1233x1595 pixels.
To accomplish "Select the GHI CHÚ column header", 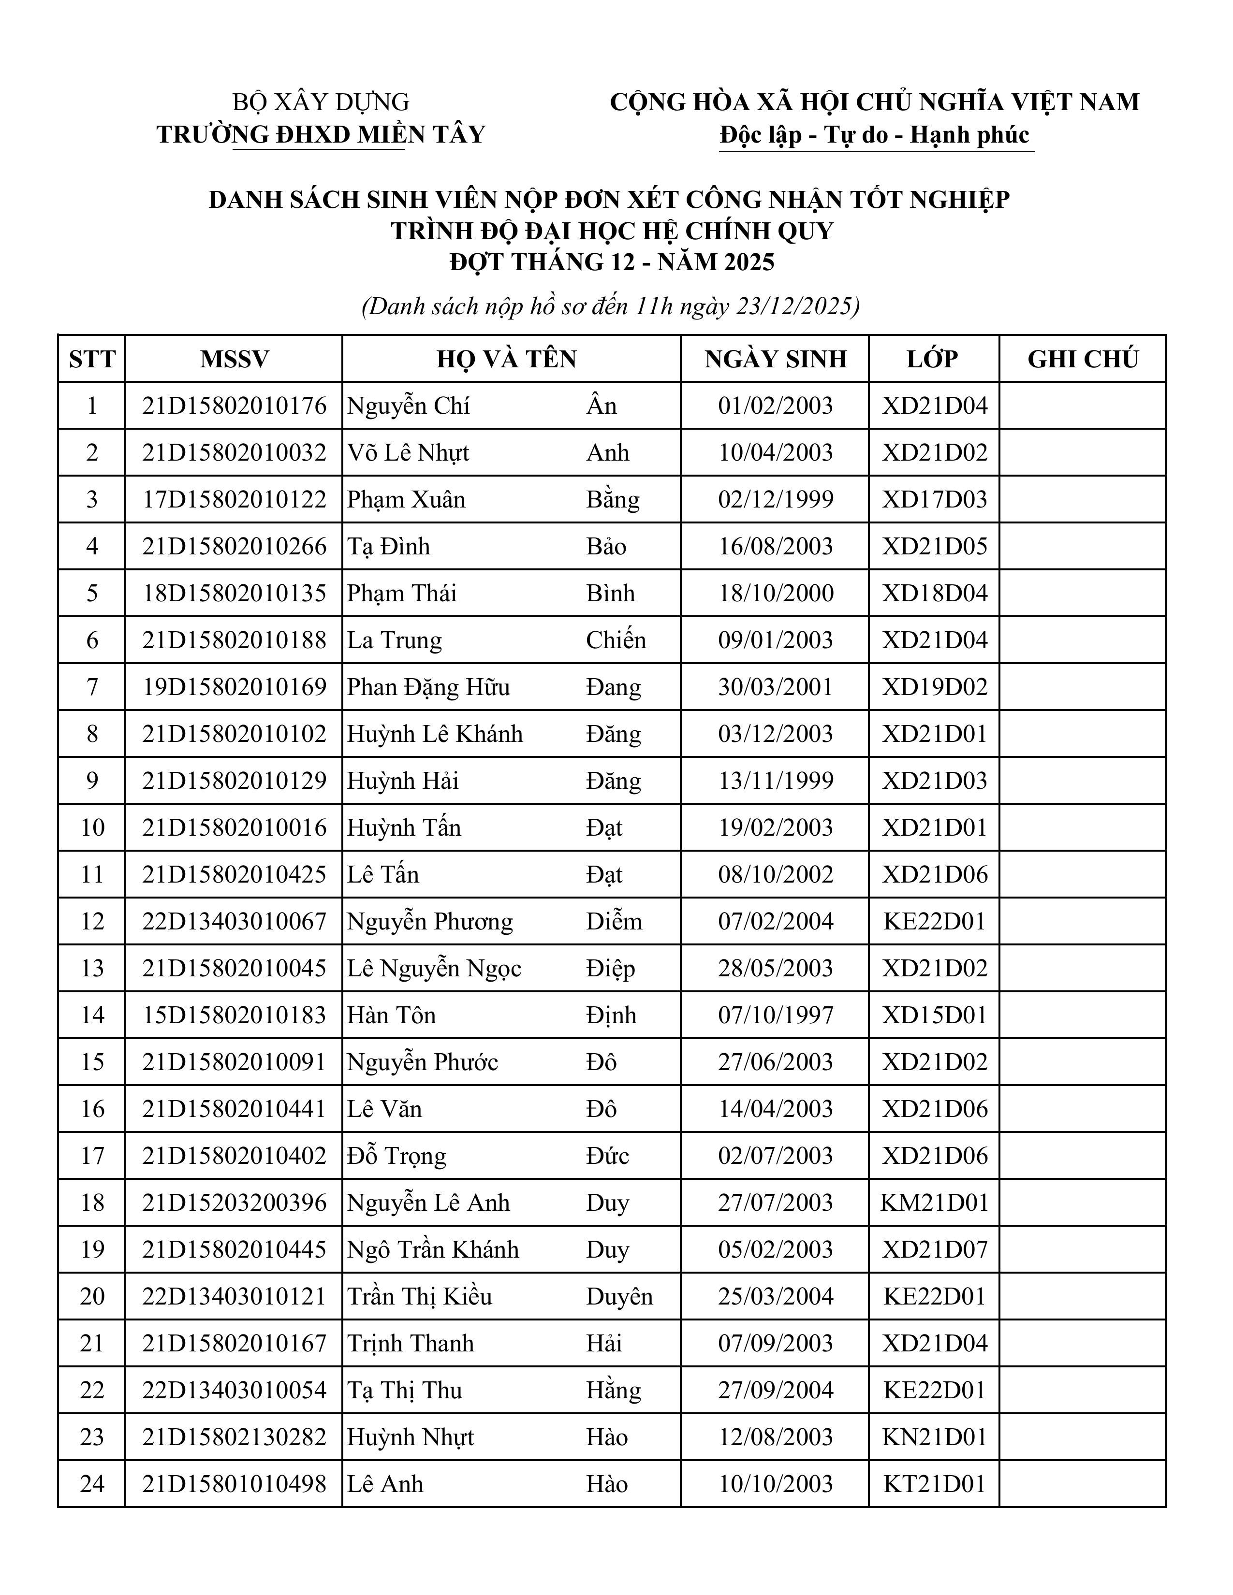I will (1083, 359).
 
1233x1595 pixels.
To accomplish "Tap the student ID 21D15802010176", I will (234, 406).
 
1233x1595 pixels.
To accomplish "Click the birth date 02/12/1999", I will (775, 500).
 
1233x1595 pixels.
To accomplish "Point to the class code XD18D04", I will (934, 593).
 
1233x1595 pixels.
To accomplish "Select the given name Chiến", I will (616, 640).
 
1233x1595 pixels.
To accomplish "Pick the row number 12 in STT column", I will (92, 922).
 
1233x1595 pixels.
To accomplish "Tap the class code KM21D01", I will (934, 1203).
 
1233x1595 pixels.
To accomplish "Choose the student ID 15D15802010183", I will (234, 1015).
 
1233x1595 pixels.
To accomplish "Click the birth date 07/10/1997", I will (775, 1015).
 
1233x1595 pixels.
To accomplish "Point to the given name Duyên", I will (619, 1296).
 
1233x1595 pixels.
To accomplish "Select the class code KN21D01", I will (934, 1437).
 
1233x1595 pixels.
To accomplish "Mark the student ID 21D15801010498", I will (234, 1484).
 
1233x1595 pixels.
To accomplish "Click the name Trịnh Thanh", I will (411, 1343).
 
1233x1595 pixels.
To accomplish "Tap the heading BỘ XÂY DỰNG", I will (321, 101).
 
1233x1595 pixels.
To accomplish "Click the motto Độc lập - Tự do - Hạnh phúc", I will (874, 135).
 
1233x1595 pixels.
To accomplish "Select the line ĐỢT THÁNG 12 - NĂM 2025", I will (611, 262).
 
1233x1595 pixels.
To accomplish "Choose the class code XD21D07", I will (934, 1249).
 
